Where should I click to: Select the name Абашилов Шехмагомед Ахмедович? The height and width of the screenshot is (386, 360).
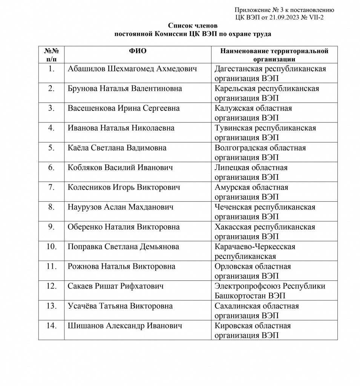tap(132, 69)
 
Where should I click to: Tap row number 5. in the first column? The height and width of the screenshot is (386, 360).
tap(52, 148)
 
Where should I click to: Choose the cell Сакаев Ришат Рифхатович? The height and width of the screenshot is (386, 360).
tap(116, 286)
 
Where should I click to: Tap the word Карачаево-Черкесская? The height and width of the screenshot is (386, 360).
tap(255, 247)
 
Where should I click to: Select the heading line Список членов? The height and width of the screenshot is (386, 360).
tap(193, 26)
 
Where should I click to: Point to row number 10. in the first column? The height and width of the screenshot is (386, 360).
tap(51, 247)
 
